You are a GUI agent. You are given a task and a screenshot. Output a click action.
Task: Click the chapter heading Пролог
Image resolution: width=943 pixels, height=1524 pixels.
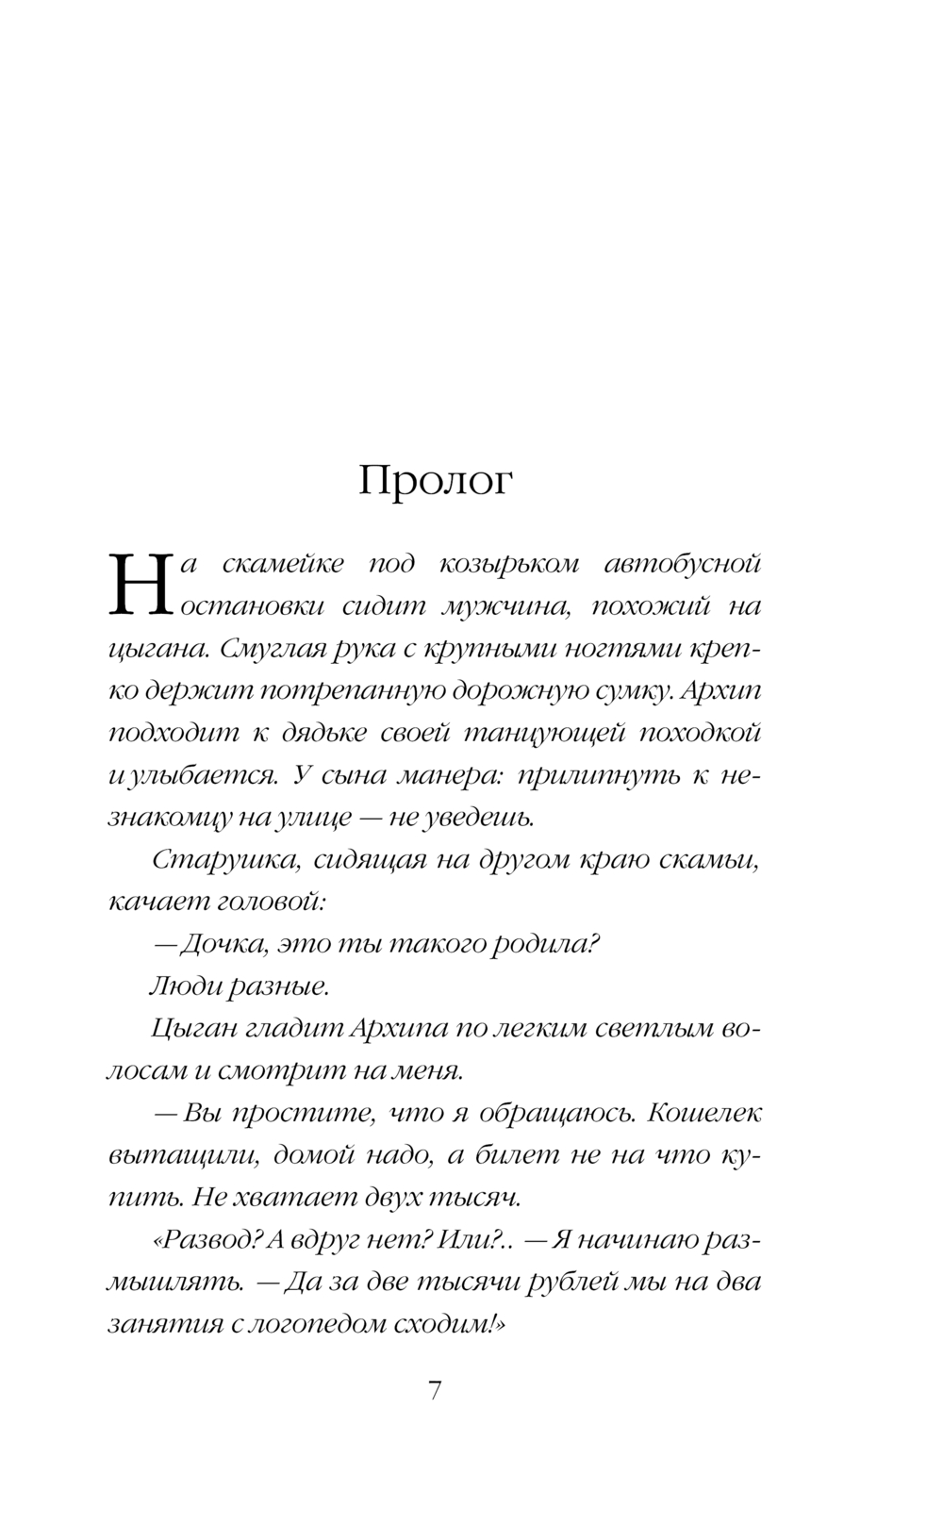coord(436,482)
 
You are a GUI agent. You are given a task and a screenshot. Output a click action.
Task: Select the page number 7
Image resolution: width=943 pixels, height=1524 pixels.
coord(435,1390)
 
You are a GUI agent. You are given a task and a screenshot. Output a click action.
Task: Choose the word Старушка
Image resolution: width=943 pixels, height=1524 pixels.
coord(213,860)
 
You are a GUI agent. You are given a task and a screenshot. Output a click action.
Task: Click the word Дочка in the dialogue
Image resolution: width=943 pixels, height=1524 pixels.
coord(219,944)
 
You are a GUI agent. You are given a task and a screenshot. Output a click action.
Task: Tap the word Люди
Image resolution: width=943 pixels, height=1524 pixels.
coord(181,986)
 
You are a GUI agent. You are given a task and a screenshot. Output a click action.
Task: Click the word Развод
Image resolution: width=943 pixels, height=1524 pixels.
coord(205,1239)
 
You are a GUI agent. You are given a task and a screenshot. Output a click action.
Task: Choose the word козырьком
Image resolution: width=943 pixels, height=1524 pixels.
coord(509,564)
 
